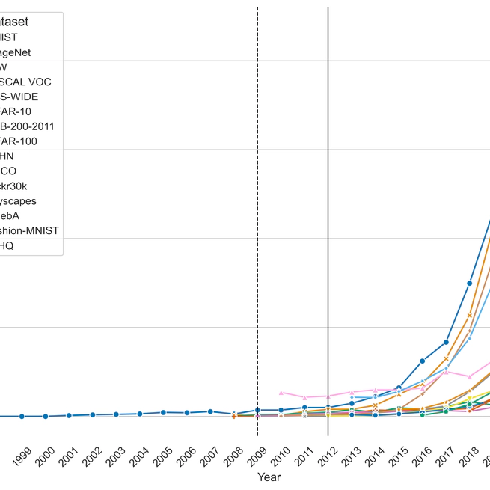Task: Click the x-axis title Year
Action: point(269,477)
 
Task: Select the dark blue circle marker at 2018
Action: point(470,284)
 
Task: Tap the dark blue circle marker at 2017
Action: point(446,342)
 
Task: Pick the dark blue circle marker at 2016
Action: point(423,361)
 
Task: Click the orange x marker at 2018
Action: point(470,315)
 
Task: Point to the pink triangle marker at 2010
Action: point(281,392)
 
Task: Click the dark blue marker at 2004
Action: point(139,414)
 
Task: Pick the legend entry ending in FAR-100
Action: point(29,141)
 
